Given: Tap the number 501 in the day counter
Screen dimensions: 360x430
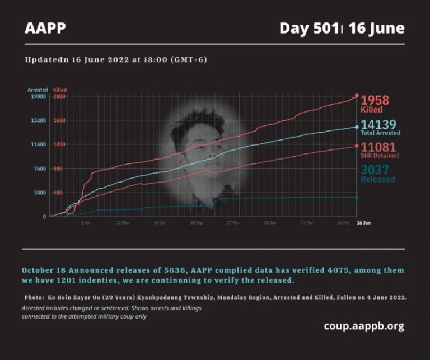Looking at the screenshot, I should pos(325,28).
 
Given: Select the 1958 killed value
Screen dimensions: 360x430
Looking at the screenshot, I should pos(375,100).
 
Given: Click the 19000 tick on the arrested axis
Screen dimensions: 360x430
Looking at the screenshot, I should pos(39,96).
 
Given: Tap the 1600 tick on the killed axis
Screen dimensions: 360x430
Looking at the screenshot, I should pos(59,120).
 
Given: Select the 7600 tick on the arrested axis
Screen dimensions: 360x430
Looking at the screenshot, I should pos(40,169).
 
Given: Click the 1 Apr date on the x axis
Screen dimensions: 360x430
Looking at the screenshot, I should pos(86,222).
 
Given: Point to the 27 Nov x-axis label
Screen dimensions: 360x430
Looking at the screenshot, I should pos(233,222).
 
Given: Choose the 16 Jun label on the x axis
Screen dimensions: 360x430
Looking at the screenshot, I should pos(363,222).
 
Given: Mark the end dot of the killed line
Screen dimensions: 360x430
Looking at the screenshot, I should pos(357,96).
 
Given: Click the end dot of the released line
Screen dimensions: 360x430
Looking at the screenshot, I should pos(357,197).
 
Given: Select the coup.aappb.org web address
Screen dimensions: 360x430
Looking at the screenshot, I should pos(363,326).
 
